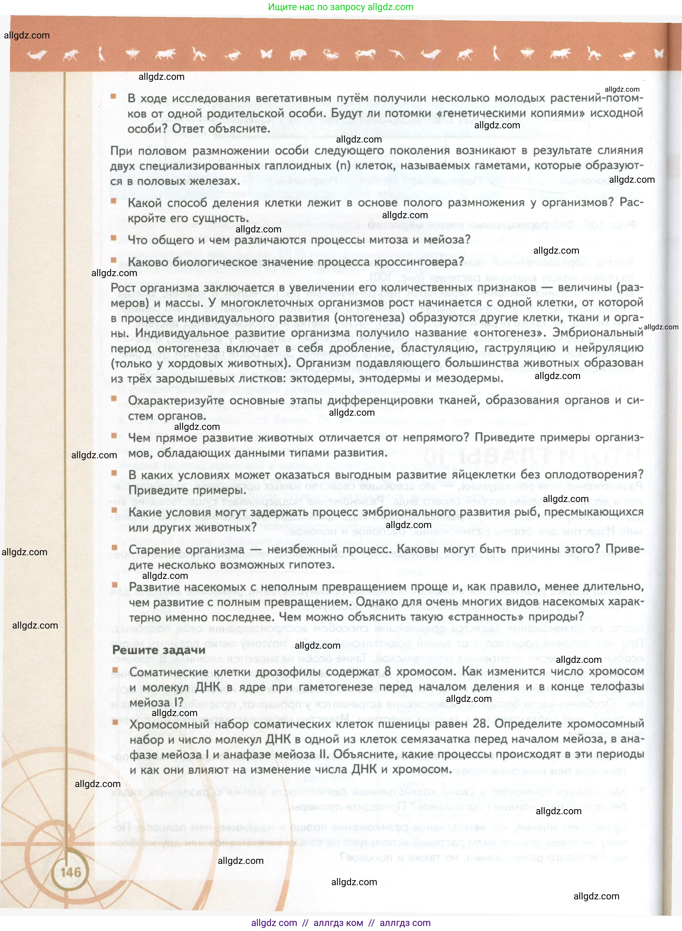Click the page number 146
pos(71,872)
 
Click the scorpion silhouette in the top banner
pos(331,54)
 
